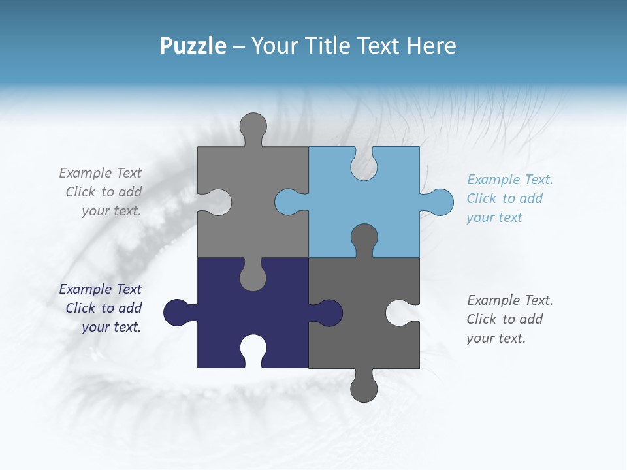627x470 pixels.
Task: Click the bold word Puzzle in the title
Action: (x=193, y=46)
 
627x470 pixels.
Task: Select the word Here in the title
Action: (x=431, y=46)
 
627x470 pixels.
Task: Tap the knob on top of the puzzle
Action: (x=253, y=126)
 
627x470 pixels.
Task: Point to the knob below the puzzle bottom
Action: (x=364, y=388)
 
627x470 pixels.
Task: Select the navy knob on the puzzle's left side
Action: (x=176, y=313)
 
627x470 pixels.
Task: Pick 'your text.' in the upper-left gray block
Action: (x=111, y=211)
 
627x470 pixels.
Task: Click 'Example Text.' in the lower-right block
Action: (x=510, y=300)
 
